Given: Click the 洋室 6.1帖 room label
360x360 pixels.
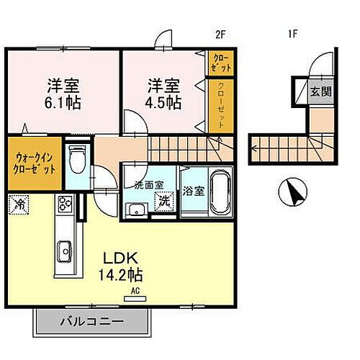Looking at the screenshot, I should point(53,93).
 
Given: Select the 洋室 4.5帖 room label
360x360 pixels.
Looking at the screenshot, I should point(164,93).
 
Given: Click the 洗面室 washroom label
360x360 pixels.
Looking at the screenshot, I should point(150,185).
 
